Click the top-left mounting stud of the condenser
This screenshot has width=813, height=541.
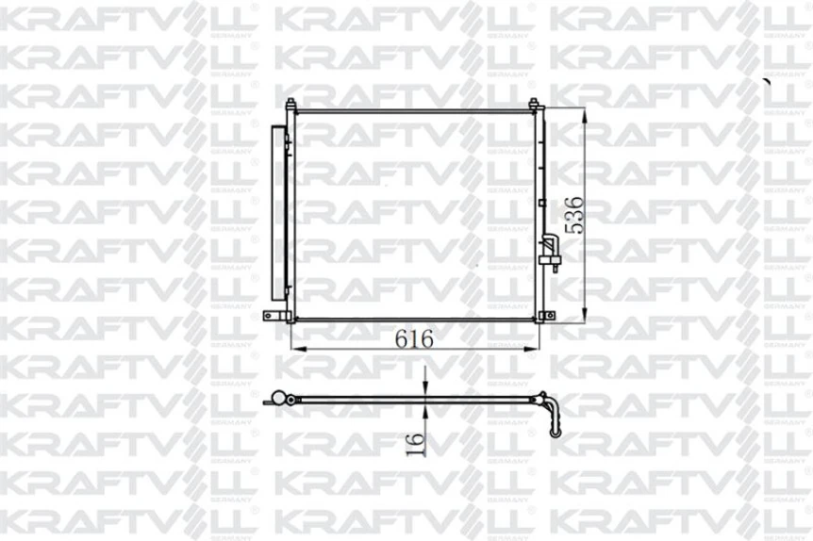(290, 106)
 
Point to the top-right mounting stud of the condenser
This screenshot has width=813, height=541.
(533, 104)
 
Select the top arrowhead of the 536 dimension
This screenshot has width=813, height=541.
(586, 115)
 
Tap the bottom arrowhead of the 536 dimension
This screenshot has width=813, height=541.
(586, 318)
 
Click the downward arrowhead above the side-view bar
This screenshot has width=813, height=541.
(425, 390)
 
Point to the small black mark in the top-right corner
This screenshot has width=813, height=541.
(767, 82)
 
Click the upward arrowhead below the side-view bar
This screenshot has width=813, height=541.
(425, 411)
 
